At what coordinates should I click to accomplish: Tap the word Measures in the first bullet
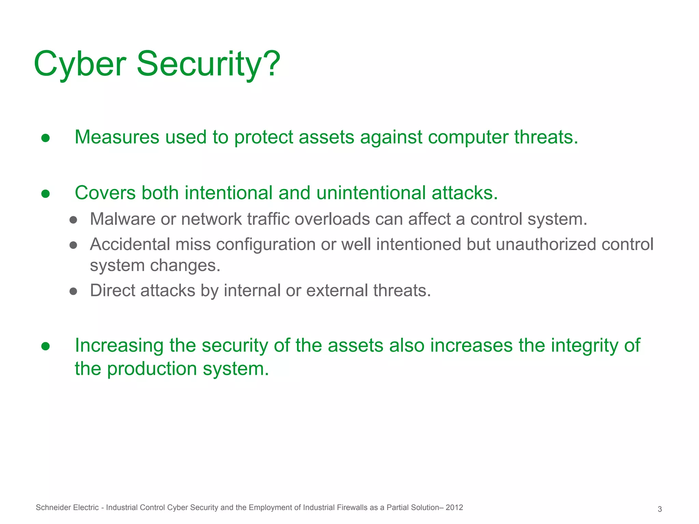click(117, 137)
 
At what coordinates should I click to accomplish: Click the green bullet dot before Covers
click(46, 194)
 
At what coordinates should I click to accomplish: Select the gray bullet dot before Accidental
click(73, 245)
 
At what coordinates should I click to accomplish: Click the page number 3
click(659, 509)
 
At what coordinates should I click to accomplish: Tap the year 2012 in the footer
click(454, 508)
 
